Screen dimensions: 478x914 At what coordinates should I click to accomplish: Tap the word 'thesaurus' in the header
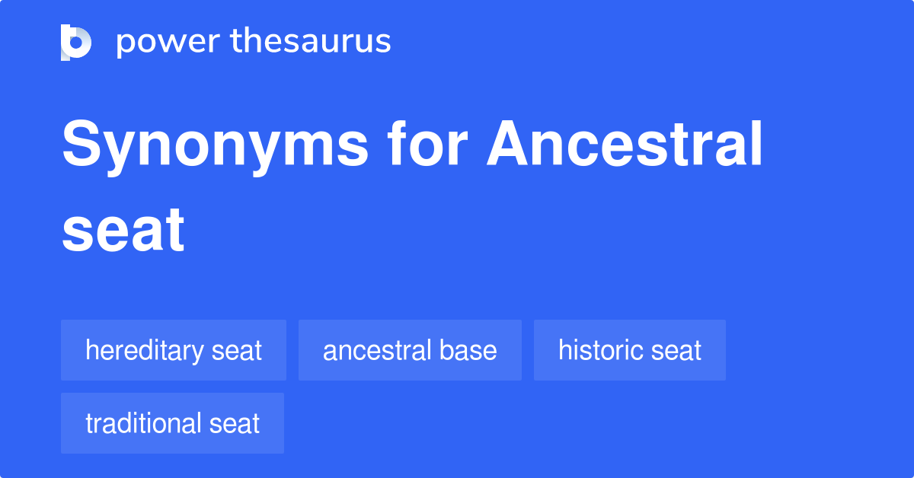click(x=311, y=42)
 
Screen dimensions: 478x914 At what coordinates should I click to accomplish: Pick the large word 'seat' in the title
click(x=123, y=229)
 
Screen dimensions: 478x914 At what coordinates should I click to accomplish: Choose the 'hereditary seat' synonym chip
click(x=174, y=350)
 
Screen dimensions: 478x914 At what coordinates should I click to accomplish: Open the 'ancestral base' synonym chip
click(x=410, y=350)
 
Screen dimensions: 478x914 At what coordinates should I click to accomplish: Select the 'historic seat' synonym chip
click(x=629, y=350)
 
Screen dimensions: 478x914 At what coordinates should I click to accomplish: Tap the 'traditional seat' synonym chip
click(x=172, y=423)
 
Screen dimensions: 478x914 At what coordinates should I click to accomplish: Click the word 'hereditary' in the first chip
click(x=144, y=351)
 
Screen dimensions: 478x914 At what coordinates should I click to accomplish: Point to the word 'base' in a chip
click(x=469, y=350)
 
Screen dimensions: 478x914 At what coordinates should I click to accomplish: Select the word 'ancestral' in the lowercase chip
click(x=379, y=350)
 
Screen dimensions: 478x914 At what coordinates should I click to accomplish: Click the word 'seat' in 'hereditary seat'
click(x=236, y=351)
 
